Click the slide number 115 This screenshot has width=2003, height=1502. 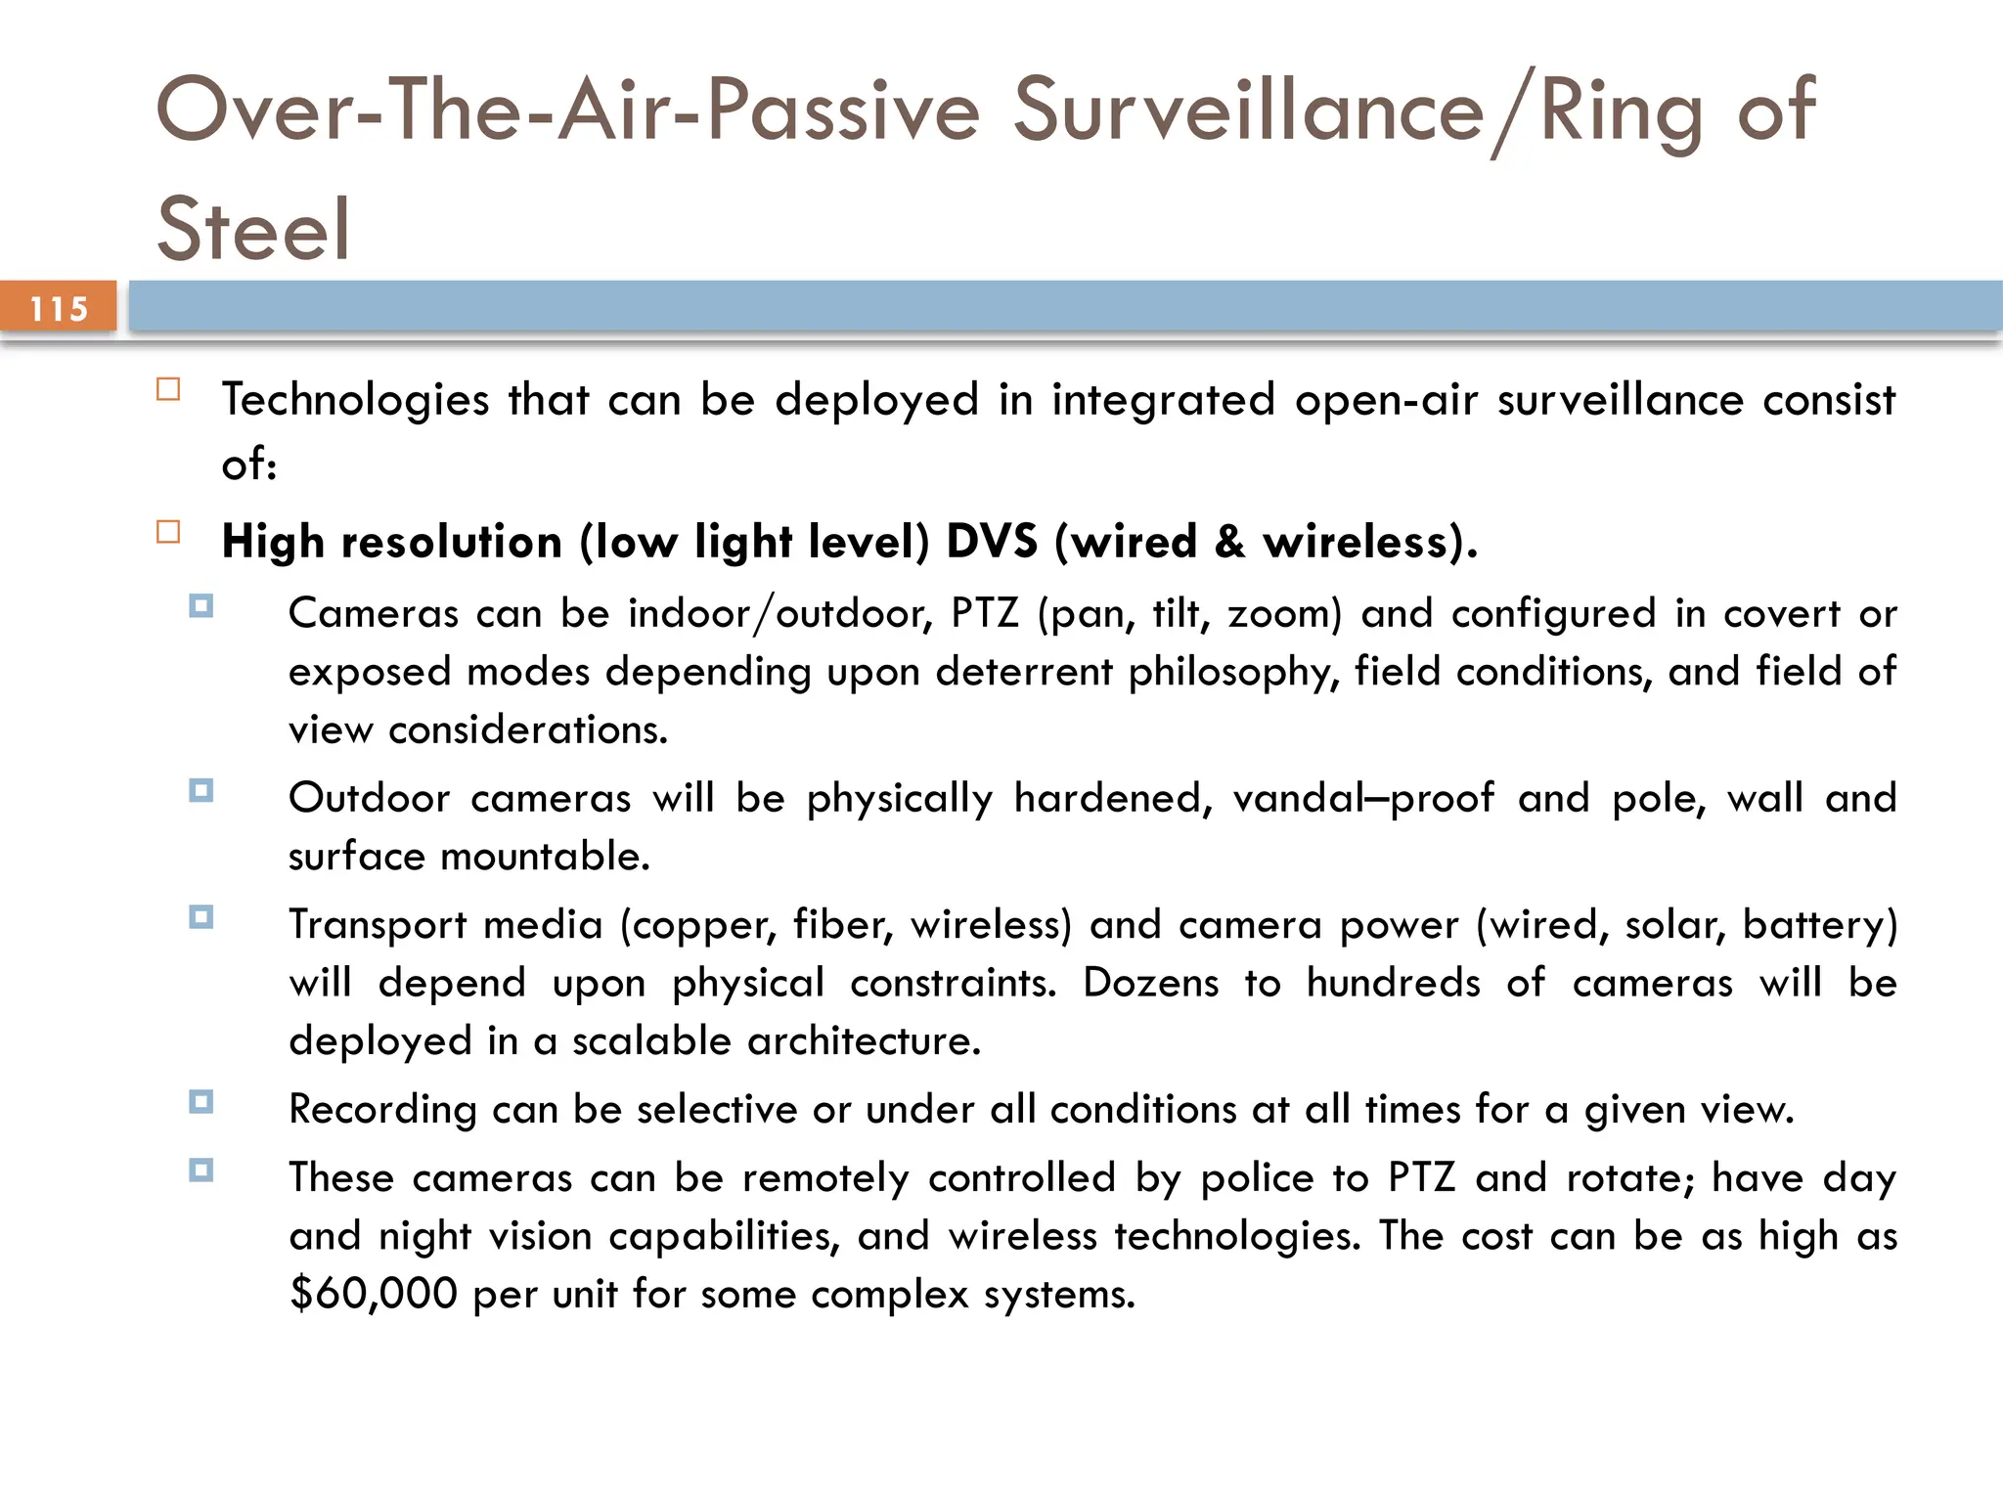tap(59, 309)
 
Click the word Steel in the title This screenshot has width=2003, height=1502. tap(252, 229)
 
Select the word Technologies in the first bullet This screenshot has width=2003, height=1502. tap(355, 400)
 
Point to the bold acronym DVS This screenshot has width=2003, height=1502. tap(991, 542)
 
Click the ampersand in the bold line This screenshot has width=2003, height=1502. tap(1229, 542)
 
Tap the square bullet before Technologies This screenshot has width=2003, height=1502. tap(168, 390)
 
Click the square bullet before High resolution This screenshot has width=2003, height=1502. tap(168, 532)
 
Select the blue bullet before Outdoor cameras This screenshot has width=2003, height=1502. tap(201, 790)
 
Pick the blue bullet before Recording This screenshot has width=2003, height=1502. tap(201, 1102)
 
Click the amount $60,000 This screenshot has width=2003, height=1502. tap(374, 1294)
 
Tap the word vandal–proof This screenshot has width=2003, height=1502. tap(1362, 798)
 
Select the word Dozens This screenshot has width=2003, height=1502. tap(1150, 983)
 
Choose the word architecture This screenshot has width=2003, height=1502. tap(863, 1040)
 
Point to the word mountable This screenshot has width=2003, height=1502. tap(545, 857)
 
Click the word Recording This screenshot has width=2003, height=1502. tap(382, 1110)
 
